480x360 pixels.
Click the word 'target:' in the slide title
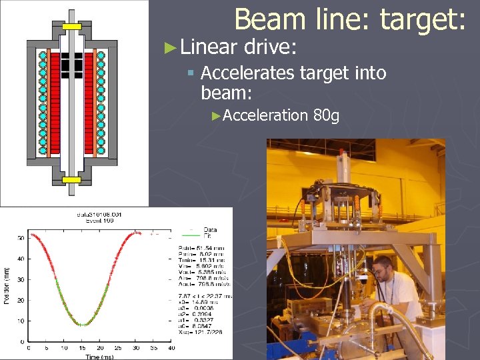(x=423, y=20)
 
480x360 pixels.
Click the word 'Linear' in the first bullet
(x=208, y=47)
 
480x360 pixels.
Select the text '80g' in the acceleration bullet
(x=326, y=116)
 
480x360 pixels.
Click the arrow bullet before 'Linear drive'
(x=171, y=47)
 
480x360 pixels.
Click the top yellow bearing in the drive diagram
(x=71, y=27)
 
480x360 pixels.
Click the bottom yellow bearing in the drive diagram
(x=71, y=179)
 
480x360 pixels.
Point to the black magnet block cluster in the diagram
(x=71, y=62)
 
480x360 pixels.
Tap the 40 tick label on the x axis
(x=171, y=348)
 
